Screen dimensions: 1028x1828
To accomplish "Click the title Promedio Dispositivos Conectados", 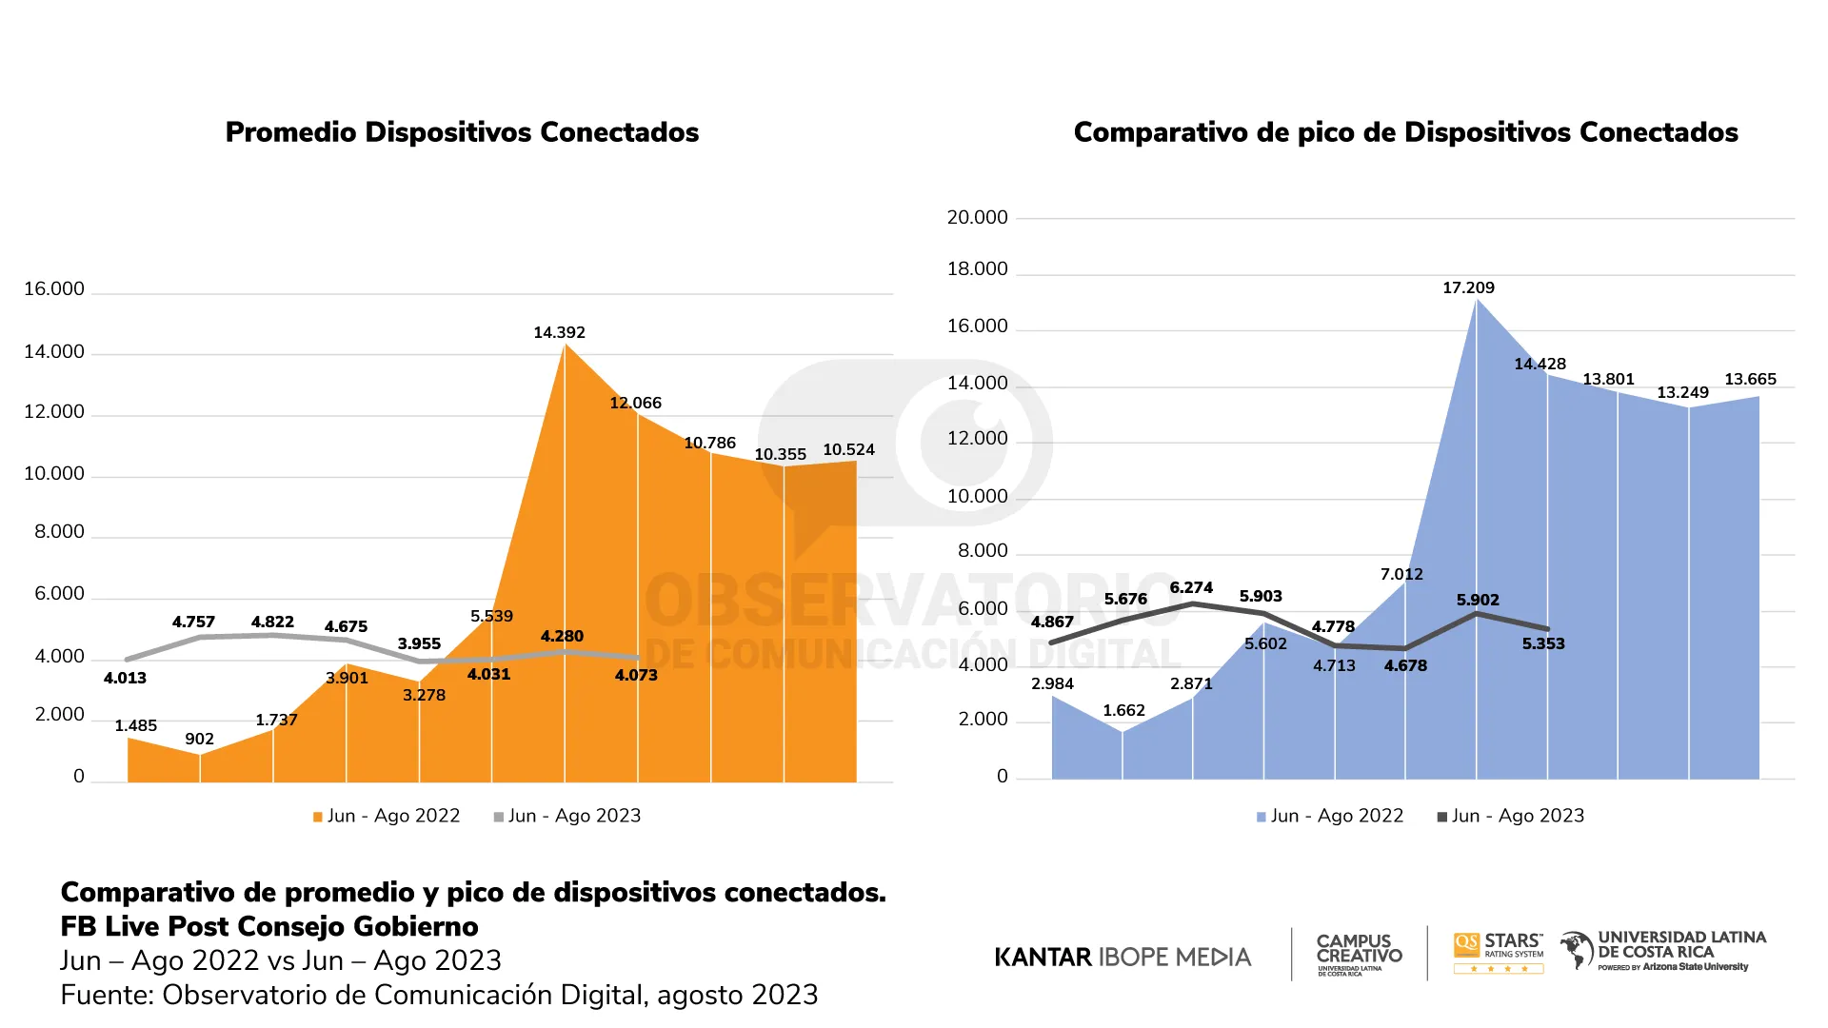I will click(462, 132).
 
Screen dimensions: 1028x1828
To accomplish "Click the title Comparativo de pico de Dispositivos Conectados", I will click(1405, 132).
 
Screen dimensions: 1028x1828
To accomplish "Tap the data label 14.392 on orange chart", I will click(559, 332).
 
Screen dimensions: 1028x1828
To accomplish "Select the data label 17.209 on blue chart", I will click(1468, 287).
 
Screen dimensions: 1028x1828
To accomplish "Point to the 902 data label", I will click(199, 739).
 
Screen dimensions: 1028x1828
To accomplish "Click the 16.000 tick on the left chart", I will click(54, 289).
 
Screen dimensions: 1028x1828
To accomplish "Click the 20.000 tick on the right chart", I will click(977, 218).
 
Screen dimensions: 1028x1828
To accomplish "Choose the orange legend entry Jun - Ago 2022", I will click(387, 816).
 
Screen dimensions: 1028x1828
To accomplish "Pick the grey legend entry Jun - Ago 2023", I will click(567, 816).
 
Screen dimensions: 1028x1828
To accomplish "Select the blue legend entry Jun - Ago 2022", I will click(1330, 816).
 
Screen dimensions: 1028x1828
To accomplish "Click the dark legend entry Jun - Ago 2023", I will click(1511, 816).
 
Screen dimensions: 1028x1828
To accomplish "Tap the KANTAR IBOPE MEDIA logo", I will click(1123, 957).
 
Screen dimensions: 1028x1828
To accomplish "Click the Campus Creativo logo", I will click(1359, 954).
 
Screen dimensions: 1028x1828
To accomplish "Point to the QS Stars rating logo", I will click(1499, 952).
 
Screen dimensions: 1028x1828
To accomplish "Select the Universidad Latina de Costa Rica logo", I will click(1663, 950).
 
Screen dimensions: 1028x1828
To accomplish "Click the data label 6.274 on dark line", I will click(1191, 587).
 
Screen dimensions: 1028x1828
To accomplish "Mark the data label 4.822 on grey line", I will click(272, 622).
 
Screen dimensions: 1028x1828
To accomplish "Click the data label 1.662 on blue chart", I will click(1123, 710).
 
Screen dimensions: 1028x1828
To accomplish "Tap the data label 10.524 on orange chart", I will click(848, 449).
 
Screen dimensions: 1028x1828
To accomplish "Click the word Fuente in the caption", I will click(102, 995).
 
